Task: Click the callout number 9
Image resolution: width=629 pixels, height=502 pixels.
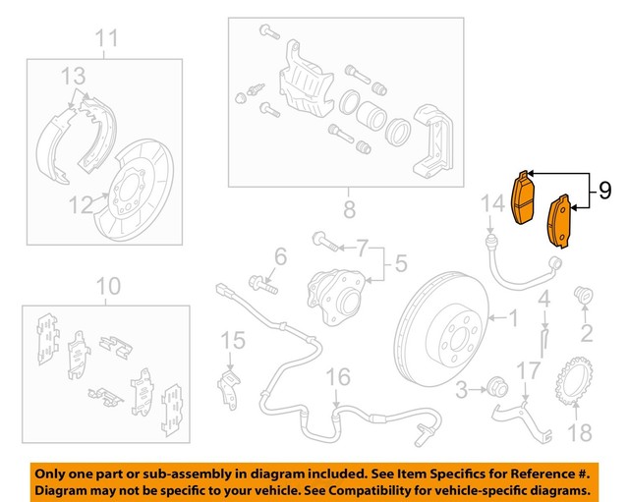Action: click(x=604, y=190)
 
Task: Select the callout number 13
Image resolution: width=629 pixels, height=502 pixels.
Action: click(x=75, y=76)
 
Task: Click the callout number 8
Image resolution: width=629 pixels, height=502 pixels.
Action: click(x=347, y=208)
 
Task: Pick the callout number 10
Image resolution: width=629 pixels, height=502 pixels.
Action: click(x=108, y=286)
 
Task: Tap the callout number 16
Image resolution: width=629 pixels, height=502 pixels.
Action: click(x=337, y=376)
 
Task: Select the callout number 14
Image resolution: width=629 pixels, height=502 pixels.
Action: click(x=491, y=203)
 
